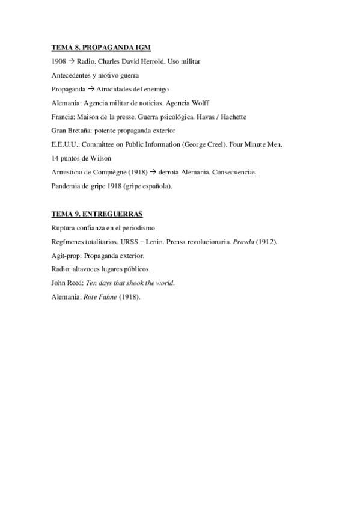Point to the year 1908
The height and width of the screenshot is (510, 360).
(59, 61)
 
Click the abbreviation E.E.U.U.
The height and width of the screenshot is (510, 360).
(65, 144)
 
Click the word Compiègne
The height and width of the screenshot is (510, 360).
(111, 172)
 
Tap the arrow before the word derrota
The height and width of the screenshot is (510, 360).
(153, 172)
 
